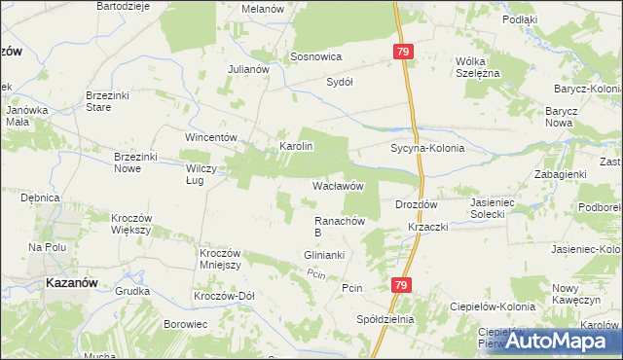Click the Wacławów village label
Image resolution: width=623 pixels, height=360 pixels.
338,185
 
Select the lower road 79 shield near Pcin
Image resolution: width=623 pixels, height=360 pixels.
401,285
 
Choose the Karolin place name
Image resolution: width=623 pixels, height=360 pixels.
296,146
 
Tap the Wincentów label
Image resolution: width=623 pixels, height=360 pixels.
212,137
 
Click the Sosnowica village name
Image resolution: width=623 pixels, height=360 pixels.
314,57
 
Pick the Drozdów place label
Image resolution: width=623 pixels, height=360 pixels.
418,205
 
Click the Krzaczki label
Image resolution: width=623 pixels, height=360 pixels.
427,227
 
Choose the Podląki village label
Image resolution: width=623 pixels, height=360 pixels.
548,19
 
